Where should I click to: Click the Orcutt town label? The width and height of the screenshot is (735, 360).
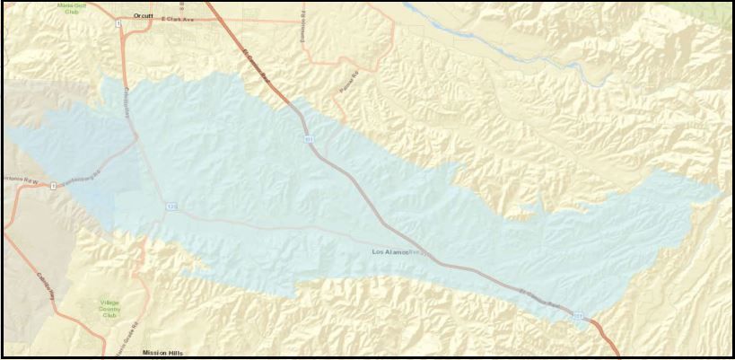[x=143, y=15]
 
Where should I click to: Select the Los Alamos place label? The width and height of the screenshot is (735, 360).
[x=391, y=252]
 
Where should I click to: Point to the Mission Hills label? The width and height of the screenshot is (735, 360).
[x=162, y=353]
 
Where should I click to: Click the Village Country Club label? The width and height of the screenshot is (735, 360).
[x=109, y=309]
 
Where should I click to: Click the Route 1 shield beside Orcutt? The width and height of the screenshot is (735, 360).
[x=119, y=24]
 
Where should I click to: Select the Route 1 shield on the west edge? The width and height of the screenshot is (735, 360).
[x=54, y=186]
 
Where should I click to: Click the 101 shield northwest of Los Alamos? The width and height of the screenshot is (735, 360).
[x=309, y=139]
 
